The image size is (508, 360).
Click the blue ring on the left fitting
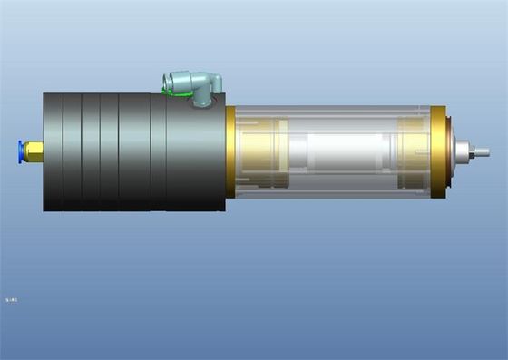click(x=20, y=151)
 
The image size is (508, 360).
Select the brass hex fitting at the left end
click(x=33, y=151)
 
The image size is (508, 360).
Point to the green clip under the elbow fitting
click(x=172, y=91)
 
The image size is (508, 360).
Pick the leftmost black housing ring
click(x=53, y=151)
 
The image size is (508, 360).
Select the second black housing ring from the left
click(x=73, y=151)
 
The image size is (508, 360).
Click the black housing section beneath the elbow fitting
click(x=195, y=154)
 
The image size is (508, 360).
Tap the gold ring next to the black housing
click(x=230, y=151)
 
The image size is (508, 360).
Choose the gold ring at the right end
click(x=438, y=151)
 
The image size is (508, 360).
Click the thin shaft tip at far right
click(x=482, y=152)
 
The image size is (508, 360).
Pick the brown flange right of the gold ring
click(x=450, y=152)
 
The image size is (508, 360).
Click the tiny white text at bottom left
click(x=12, y=298)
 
